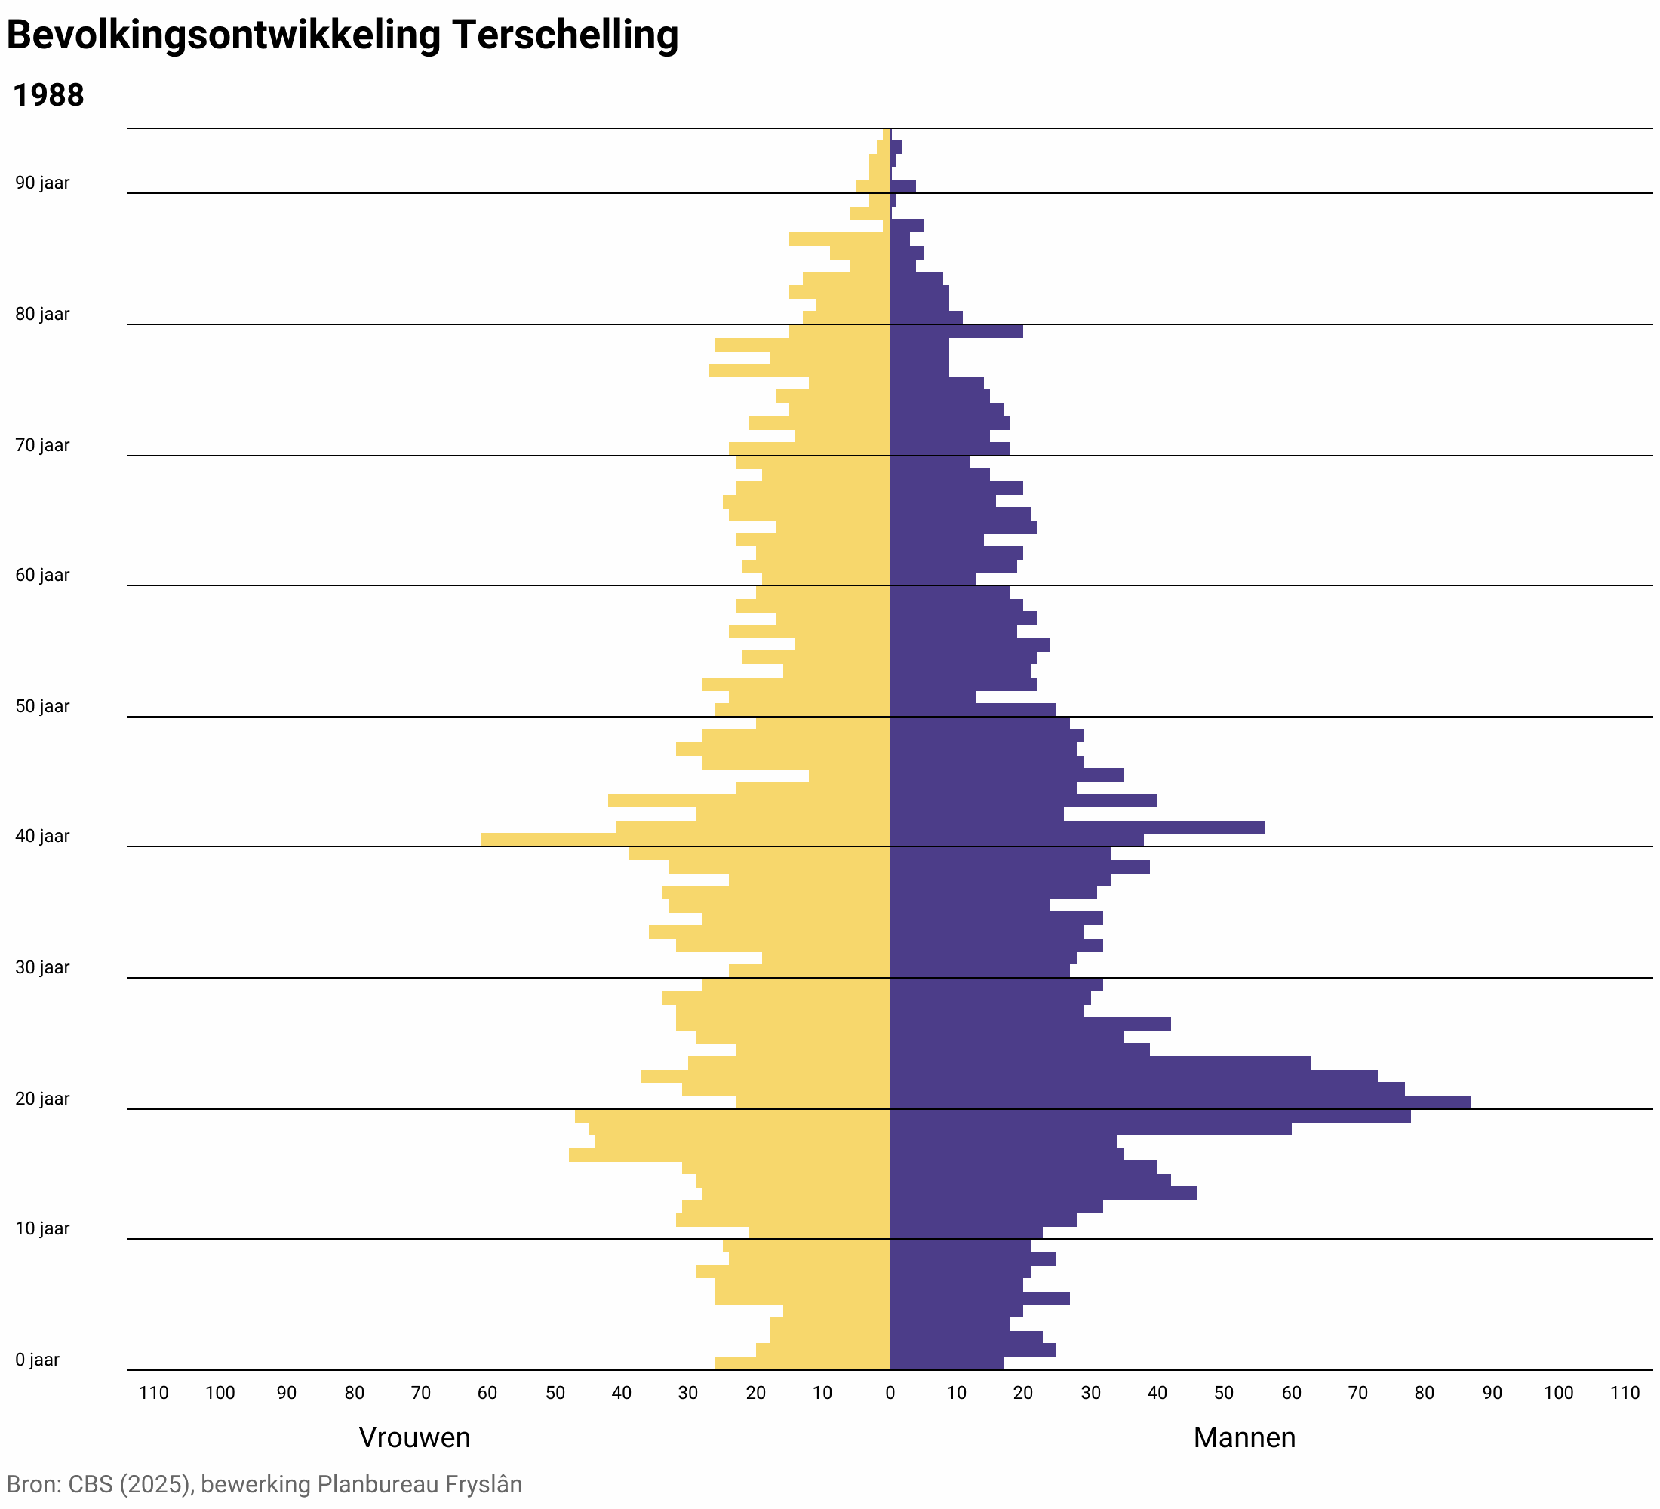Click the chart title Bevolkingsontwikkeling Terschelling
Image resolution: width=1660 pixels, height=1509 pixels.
342,36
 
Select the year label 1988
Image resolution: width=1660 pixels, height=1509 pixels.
48,96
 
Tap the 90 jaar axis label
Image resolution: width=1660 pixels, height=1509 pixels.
42,183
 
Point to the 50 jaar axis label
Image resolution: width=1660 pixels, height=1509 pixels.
42,706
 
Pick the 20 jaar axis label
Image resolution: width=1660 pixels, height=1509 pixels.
42,1099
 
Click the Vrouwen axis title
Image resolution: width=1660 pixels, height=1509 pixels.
414,1437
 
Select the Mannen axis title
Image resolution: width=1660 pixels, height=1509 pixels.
1244,1437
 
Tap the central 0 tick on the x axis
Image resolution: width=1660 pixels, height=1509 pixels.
890,1393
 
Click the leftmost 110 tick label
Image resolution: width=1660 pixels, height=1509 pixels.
154,1393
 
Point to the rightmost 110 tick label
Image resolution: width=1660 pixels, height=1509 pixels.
1625,1393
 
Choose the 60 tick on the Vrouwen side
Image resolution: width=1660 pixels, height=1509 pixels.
487,1393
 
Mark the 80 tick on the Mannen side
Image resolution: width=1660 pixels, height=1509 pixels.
1425,1393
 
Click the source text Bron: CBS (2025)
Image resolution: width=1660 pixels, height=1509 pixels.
99,1484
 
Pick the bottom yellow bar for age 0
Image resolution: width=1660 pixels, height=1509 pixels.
803,1363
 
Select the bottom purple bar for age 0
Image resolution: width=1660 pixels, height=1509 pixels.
947,1363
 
